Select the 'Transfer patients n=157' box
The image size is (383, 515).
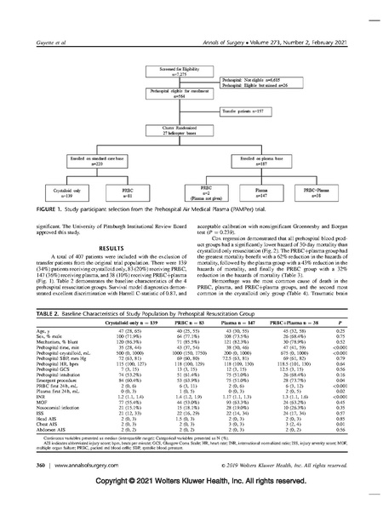239,111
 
